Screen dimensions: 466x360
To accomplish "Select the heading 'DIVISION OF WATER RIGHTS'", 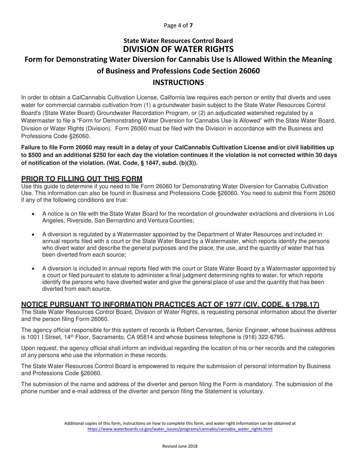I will [x=180, y=49].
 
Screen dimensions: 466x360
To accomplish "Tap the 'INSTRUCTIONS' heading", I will [x=180, y=82].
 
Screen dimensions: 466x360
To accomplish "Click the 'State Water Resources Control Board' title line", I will [x=180, y=41].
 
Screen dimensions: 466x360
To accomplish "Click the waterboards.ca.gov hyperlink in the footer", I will [x=180, y=429].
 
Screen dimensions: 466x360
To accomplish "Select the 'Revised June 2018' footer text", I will [x=180, y=446].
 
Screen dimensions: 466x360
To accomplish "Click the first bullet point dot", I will [x=34, y=214].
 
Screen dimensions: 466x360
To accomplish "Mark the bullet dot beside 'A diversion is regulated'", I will [x=34, y=235].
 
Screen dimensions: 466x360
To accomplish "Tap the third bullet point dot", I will [x=34, y=269].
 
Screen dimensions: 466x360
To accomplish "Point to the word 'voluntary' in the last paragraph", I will [x=250, y=391].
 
